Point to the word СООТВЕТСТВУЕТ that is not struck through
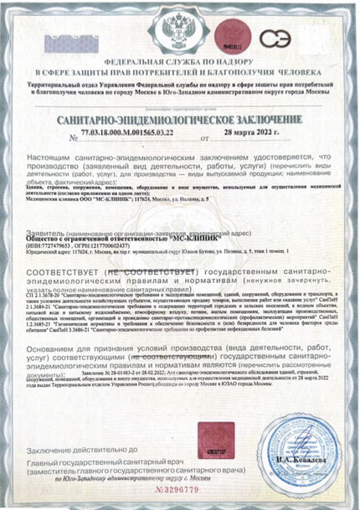coord(66,273)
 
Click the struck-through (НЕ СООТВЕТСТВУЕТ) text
coord(152,273)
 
